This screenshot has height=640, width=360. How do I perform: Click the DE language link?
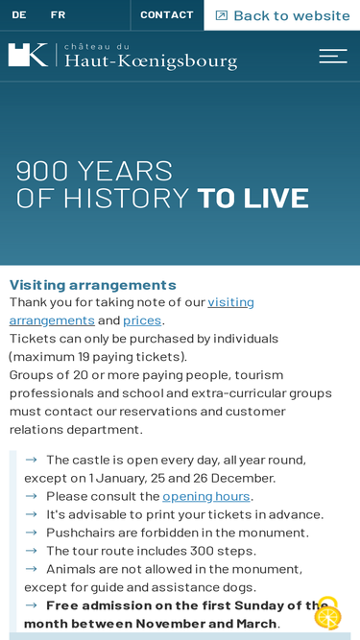tap(19, 15)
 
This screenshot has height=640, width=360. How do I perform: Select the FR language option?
tap(58, 15)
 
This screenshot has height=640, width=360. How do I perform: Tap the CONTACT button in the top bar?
tap(167, 15)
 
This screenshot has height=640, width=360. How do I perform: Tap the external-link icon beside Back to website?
tap(221, 15)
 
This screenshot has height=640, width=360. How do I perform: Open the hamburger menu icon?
tap(333, 56)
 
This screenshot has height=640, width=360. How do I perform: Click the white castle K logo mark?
tap(28, 55)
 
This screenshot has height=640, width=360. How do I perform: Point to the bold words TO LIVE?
tap(253, 199)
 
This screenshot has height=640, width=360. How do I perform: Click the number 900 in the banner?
tap(41, 171)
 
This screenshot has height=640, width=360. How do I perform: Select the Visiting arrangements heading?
tap(93, 284)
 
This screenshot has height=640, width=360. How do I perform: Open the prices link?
tap(142, 320)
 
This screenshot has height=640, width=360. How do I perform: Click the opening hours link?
tap(206, 496)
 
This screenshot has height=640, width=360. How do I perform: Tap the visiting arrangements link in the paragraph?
tap(132, 311)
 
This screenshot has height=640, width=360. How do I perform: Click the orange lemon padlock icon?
tap(327, 613)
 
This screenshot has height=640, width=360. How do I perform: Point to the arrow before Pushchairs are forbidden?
tap(31, 533)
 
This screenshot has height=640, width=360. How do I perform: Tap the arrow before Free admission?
tap(31, 604)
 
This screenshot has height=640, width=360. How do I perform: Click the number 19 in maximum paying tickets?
tap(84, 357)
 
